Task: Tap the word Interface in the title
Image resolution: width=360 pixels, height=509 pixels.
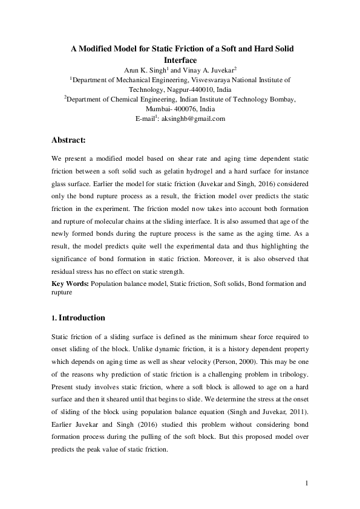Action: point(179,60)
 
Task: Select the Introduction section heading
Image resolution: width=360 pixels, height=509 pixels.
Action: point(82,318)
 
